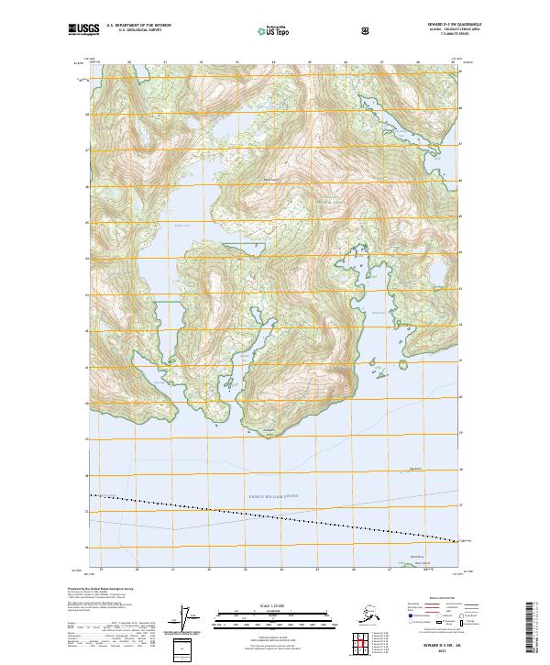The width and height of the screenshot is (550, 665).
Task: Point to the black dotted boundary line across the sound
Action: (275, 519)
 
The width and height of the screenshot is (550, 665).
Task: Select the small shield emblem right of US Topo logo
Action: (367, 29)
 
